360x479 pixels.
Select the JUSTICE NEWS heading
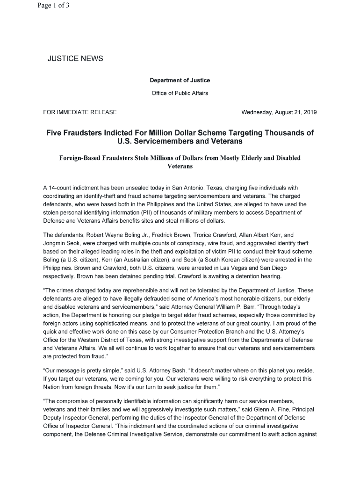click(x=75, y=58)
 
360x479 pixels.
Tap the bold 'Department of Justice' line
click(x=180, y=80)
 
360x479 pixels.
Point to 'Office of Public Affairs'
click(x=180, y=93)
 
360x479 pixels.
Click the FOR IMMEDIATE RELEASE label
click(x=80, y=112)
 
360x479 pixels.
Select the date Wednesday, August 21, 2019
click(x=279, y=112)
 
